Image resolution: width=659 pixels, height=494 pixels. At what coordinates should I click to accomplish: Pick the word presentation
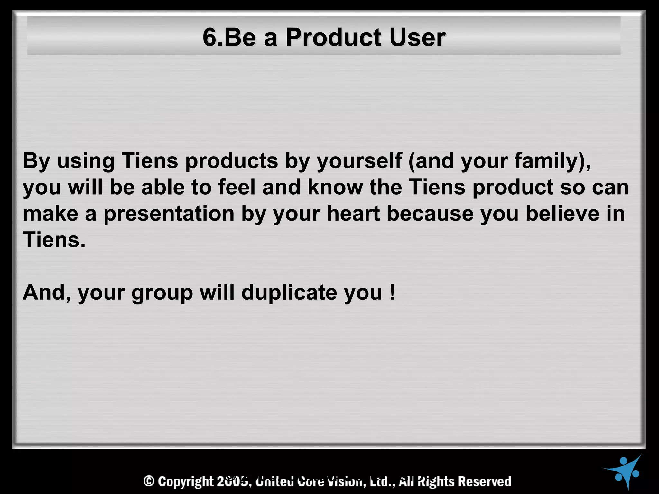coord(169,214)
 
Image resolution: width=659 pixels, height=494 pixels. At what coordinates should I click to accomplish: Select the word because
coord(430,214)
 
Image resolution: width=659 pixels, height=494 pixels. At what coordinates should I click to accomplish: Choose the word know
coord(335,187)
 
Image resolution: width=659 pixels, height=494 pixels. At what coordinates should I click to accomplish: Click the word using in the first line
coord(86,161)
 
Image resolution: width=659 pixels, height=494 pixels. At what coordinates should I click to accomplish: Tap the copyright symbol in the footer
coord(149,481)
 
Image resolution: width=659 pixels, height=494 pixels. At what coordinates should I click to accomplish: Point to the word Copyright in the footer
coord(186,481)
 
